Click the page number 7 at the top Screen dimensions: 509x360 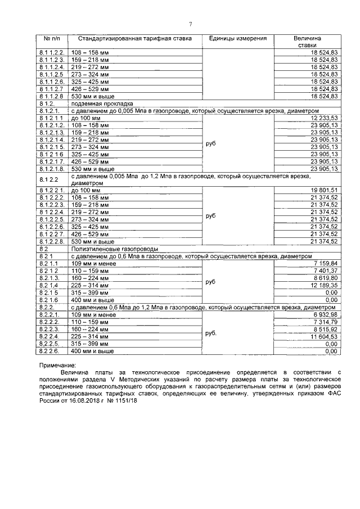pyautogui.click(x=190, y=24)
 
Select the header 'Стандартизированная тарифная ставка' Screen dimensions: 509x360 pyautogui.click(x=134, y=38)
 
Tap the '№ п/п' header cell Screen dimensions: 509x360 pyautogui.click(x=52, y=38)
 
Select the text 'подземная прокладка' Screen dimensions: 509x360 pyautogui.click(x=101, y=104)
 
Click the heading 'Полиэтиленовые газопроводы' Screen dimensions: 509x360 pyautogui.click(x=112, y=248)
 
